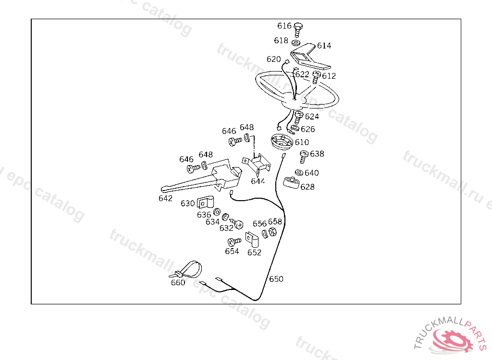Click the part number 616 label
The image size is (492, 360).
[284, 26]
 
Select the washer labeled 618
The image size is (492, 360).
[296, 42]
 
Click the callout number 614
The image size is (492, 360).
[324, 46]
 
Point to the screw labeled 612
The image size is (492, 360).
[316, 77]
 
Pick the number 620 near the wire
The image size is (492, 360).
[273, 59]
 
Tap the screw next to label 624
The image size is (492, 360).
[298, 117]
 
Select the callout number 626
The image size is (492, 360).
[307, 129]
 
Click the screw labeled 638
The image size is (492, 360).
[304, 157]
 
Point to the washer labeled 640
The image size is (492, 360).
[299, 172]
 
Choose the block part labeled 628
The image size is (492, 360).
[291, 182]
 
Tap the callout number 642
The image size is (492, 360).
[165, 199]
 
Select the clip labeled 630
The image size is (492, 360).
[206, 203]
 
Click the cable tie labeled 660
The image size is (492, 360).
[187, 270]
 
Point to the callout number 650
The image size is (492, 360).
[276, 279]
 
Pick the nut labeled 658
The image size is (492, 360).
[273, 232]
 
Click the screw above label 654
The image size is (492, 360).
[234, 242]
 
